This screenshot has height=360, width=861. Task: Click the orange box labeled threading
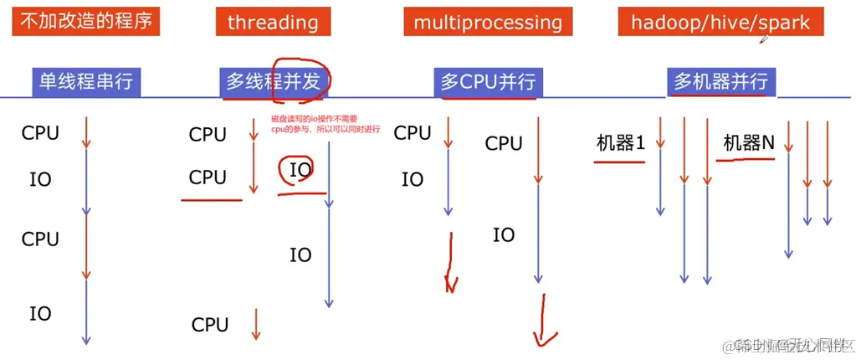click(272, 22)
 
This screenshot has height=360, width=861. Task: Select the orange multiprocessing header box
click(488, 22)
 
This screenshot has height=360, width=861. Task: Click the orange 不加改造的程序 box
click(86, 20)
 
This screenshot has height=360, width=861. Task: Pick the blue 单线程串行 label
click(86, 81)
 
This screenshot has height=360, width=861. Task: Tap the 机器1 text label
click(621, 143)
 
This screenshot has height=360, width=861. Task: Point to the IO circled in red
click(300, 170)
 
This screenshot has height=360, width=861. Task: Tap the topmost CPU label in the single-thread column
click(40, 132)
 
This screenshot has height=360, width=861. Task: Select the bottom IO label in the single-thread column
click(40, 314)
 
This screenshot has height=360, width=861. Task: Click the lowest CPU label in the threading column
click(209, 325)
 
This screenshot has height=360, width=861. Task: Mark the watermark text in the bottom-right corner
click(791, 346)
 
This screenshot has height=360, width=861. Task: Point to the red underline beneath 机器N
click(746, 159)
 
